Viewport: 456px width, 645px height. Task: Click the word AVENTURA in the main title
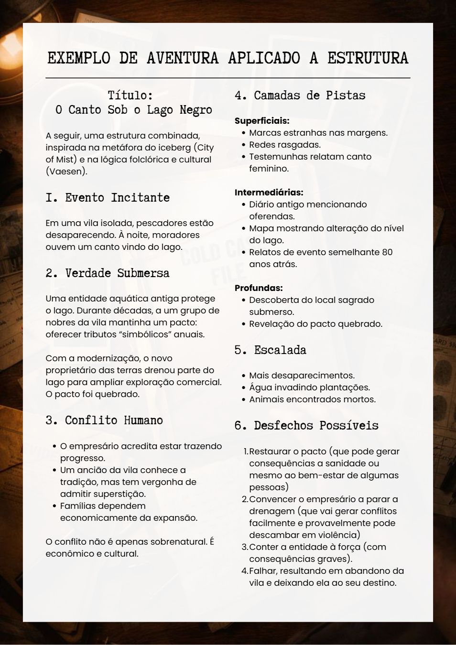coord(183,58)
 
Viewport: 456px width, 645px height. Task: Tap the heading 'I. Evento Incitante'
coord(108,198)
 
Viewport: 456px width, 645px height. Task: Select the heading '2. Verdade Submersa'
coord(108,273)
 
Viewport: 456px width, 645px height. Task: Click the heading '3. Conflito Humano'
coord(104,420)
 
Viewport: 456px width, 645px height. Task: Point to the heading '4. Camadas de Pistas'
coord(300,96)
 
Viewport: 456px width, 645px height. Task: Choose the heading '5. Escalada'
coord(270,350)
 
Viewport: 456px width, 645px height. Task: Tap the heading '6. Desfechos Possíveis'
coord(306,426)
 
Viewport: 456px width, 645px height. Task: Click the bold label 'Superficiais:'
coord(262,121)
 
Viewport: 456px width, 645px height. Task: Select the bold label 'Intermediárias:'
coord(269,193)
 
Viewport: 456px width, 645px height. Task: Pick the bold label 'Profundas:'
coord(259,288)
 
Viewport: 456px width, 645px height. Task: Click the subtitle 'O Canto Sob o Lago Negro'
coord(133,110)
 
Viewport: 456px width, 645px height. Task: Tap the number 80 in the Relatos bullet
coord(387,252)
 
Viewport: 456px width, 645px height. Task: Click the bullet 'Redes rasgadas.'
coord(285,145)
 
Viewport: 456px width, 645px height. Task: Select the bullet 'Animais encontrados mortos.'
coord(312,399)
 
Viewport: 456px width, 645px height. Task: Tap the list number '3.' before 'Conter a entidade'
coord(245,547)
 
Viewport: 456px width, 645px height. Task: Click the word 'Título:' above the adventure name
coord(130,96)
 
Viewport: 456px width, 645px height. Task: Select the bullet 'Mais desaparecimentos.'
coord(302,376)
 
